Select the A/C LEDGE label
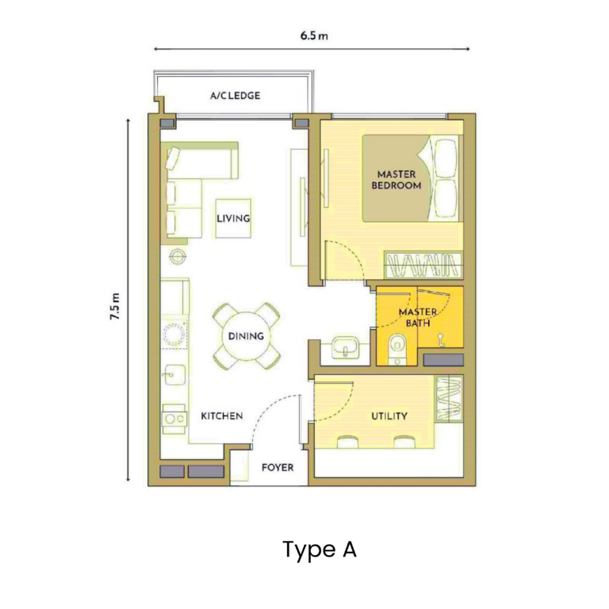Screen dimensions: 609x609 (x=235, y=96)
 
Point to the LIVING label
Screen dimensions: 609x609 (x=233, y=218)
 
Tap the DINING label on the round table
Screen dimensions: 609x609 (x=246, y=336)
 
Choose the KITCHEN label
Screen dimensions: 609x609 (x=221, y=416)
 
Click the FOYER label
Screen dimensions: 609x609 (x=278, y=467)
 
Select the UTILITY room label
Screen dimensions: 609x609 (x=389, y=416)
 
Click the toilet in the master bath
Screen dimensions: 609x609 (x=397, y=347)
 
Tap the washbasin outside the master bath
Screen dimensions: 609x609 (x=346, y=347)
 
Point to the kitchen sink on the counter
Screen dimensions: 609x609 (x=175, y=373)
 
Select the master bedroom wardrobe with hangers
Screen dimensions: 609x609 (x=423, y=262)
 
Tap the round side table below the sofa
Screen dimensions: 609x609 (x=177, y=255)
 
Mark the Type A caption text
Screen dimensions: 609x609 (x=319, y=550)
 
